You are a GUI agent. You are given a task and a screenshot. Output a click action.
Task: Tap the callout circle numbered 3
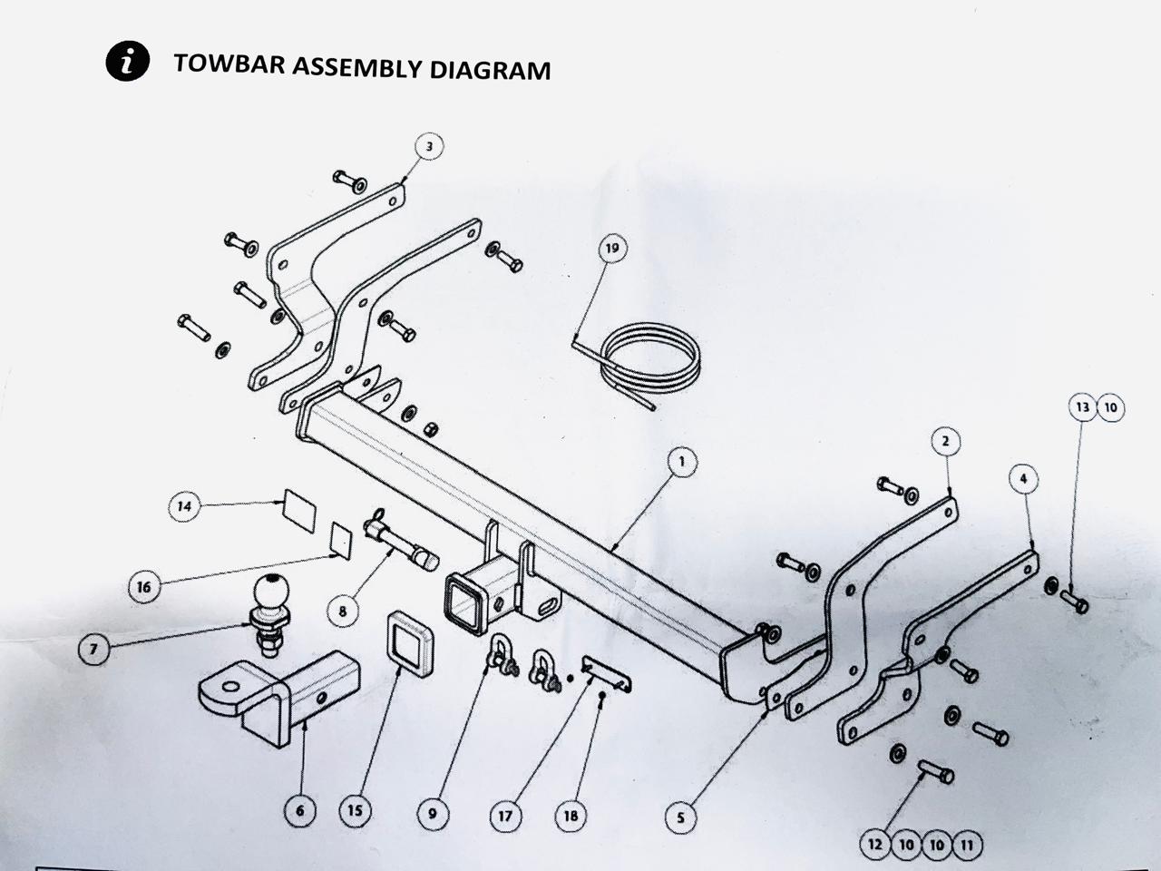430,146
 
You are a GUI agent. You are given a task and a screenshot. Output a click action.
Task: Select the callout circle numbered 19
614,249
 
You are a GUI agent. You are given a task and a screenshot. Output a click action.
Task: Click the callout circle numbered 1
681,462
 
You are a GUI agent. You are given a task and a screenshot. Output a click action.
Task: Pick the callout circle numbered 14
185,506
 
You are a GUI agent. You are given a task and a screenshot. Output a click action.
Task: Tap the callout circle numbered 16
143,586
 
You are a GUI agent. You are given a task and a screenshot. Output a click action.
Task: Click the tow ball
271,595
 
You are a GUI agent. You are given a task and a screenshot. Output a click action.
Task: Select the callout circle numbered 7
93,650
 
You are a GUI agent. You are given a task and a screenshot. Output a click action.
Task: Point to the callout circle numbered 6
300,809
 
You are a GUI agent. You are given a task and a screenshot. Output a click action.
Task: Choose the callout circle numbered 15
355,809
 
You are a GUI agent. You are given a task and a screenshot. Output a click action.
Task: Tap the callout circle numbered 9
432,814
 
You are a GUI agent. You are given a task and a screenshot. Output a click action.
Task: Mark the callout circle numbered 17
505,816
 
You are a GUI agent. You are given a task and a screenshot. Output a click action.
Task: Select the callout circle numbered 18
570,816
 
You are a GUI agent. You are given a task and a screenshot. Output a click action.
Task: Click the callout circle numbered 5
680,817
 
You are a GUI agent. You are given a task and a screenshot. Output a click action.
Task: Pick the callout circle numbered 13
1082,407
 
